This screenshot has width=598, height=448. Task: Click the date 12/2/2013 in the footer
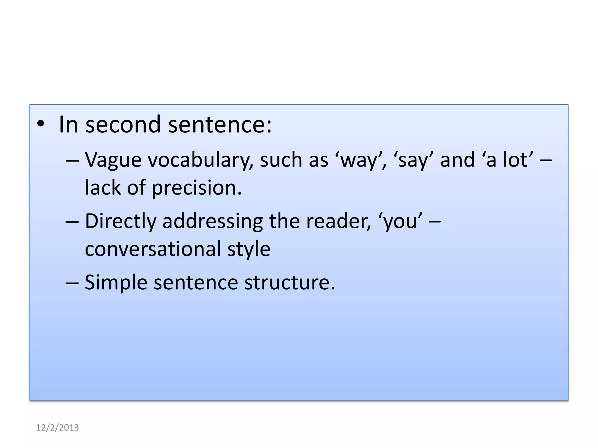57,428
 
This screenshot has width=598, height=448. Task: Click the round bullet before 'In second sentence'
41,124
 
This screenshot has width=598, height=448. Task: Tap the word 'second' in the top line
123,125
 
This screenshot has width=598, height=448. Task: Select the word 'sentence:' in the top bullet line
220,125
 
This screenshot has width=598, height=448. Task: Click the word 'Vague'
113,160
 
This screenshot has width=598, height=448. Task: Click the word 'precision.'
197,188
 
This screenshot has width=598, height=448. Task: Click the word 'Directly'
121,221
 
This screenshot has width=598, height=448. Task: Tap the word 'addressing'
213,221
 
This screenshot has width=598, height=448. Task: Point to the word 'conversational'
153,249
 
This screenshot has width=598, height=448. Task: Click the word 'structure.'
290,282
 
